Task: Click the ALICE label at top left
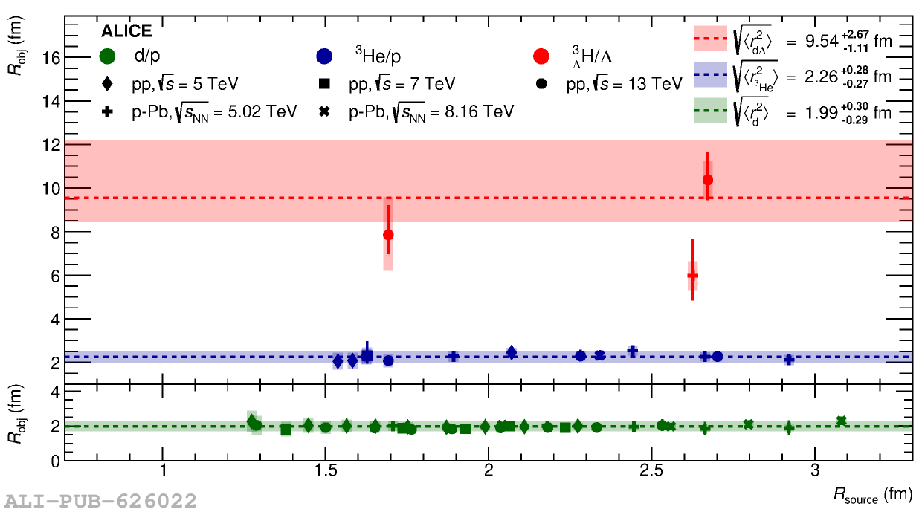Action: (x=126, y=31)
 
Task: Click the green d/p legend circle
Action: (x=109, y=56)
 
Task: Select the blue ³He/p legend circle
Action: (x=323, y=56)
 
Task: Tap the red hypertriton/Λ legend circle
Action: (x=541, y=56)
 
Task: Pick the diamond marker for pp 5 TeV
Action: (x=109, y=83)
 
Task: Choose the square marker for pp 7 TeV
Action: (x=323, y=83)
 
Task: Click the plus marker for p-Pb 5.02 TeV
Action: (x=109, y=111)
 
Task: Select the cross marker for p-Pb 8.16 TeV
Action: (x=323, y=111)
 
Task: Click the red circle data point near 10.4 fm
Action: (x=708, y=180)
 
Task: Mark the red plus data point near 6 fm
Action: (x=693, y=276)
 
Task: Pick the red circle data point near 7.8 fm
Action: (x=388, y=235)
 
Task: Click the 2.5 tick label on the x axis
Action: (x=651, y=472)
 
